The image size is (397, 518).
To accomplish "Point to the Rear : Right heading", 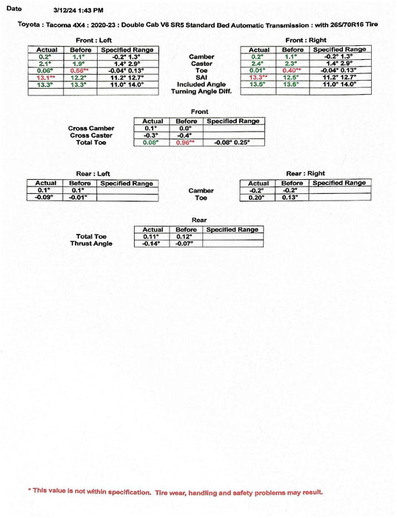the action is [x=305, y=173].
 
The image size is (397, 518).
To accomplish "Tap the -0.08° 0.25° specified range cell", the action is [x=233, y=142].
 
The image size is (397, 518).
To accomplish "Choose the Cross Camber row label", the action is [x=92, y=128].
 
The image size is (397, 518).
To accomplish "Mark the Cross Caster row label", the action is [x=92, y=135].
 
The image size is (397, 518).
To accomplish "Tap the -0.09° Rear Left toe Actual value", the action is [x=46, y=198].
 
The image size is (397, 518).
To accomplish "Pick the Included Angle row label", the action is [x=201, y=84].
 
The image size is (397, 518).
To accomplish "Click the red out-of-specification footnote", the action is [x=176, y=491].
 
